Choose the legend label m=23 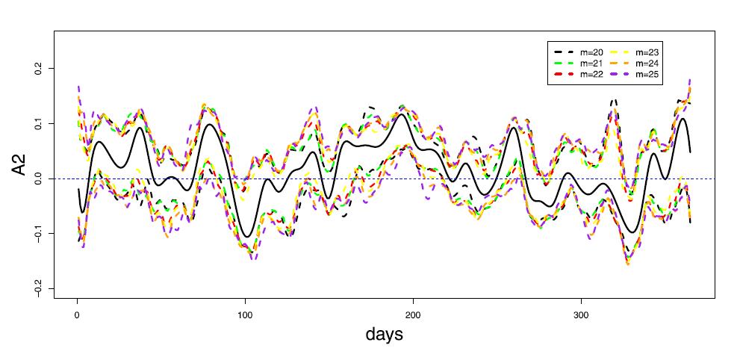pos(647,52)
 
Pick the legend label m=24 pos(647,63)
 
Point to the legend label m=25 pos(647,75)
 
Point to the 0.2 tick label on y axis pos(40,68)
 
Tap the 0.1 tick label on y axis pos(40,123)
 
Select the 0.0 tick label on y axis pos(40,179)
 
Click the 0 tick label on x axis pos(77,313)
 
